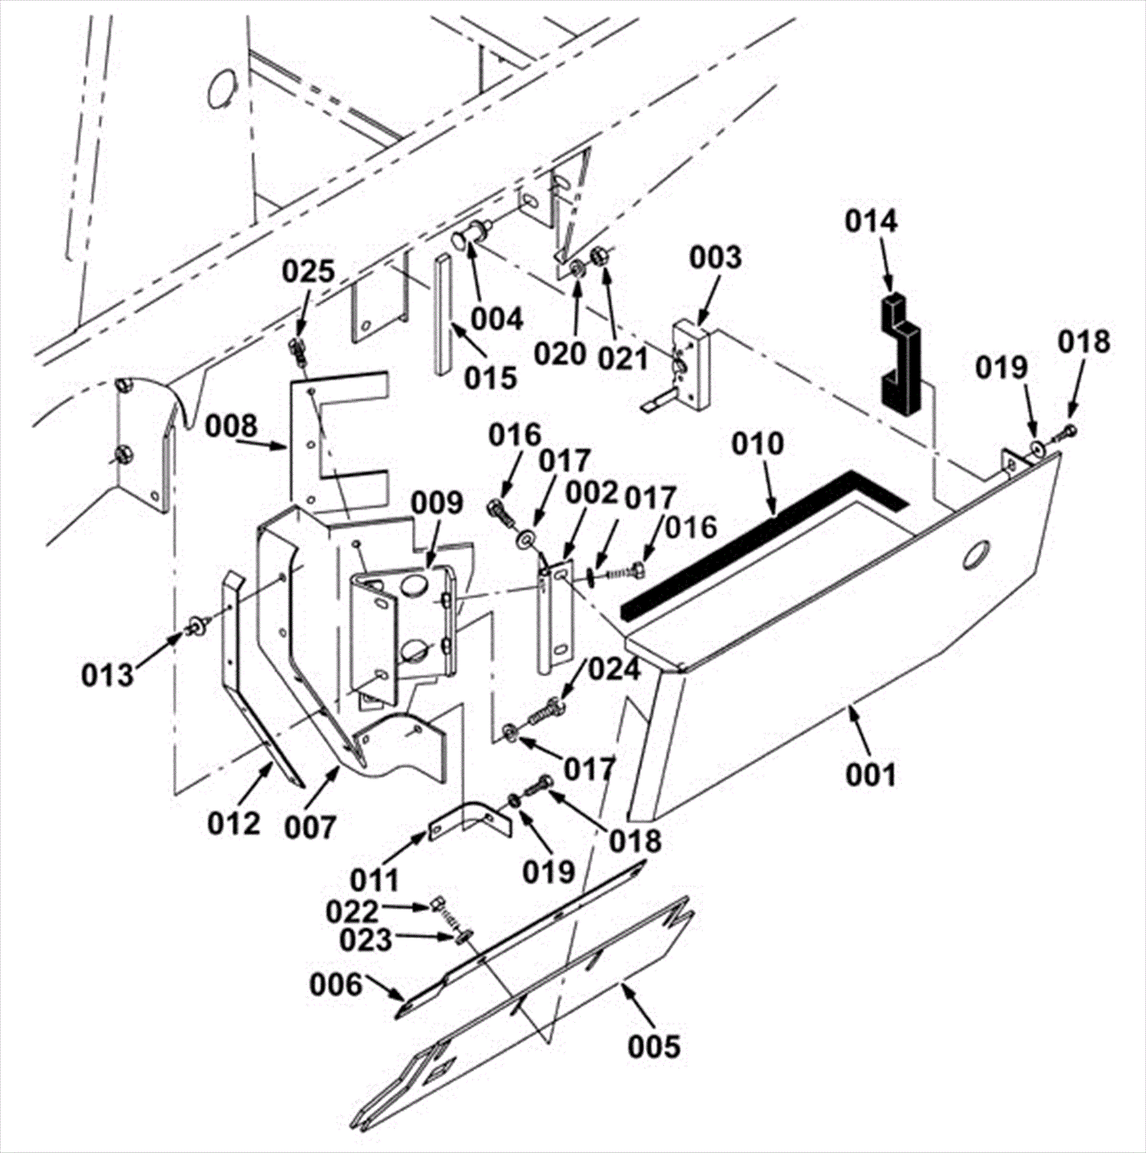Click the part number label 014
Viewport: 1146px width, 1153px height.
click(870, 221)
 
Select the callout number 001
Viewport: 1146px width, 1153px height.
click(870, 774)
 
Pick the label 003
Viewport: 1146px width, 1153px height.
click(716, 258)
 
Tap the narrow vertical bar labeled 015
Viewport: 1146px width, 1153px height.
click(443, 315)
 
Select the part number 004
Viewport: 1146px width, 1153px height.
click(498, 319)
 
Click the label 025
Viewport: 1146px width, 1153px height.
click(308, 272)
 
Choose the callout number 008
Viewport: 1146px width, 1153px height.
click(231, 427)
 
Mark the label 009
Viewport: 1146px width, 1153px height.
click(437, 503)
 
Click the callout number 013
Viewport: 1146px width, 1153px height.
click(107, 674)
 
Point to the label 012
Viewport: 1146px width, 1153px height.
click(234, 824)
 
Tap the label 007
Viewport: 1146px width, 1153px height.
click(309, 828)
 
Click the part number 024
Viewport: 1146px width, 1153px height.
click(615, 670)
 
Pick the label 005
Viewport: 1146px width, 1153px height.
click(654, 1046)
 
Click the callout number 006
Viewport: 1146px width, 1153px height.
click(336, 985)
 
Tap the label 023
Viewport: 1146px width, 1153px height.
click(366, 940)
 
